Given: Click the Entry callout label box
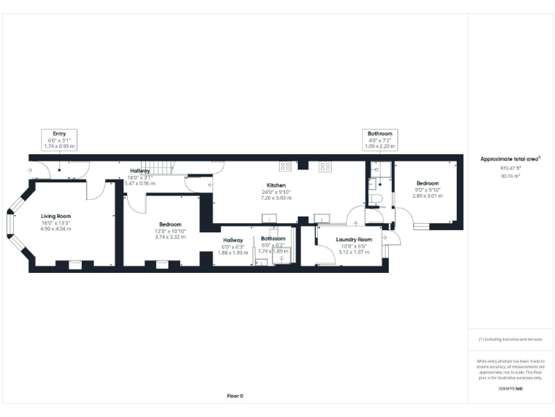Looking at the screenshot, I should [60, 140].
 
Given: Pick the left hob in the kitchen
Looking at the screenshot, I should [285, 166].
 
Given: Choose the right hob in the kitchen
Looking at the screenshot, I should [324, 166].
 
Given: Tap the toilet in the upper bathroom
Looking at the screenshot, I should [373, 197].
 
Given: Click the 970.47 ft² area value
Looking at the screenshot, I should [510, 167].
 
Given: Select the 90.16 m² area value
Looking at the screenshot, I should [510, 174].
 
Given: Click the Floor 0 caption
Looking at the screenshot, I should [236, 396].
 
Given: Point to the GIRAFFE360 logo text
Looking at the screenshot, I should [510, 389].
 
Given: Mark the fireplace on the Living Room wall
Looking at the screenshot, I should [75, 264].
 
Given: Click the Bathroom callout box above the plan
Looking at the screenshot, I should [379, 140].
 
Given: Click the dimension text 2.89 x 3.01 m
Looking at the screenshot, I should [426, 195].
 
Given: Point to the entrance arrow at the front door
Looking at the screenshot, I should [29, 171].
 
